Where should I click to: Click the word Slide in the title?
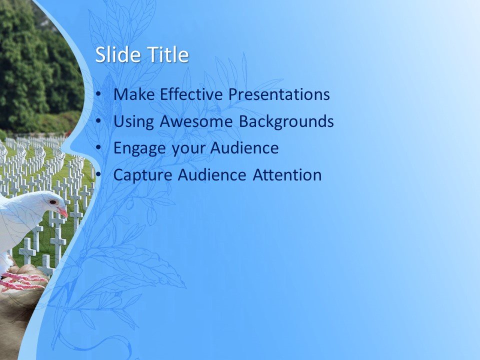pyautogui.click(x=115, y=54)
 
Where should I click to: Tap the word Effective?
pyautogui.click(x=189, y=94)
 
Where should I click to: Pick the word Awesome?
pyautogui.click(x=197, y=121)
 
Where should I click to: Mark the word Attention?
pyautogui.click(x=287, y=175)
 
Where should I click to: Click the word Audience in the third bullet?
pyautogui.click(x=244, y=148)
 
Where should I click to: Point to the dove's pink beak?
pyautogui.click(x=62, y=212)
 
